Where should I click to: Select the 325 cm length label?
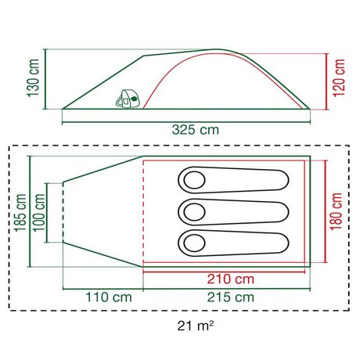click(185, 131)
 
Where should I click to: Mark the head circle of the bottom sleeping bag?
click(193, 241)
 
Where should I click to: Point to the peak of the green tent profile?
click(219, 50)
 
